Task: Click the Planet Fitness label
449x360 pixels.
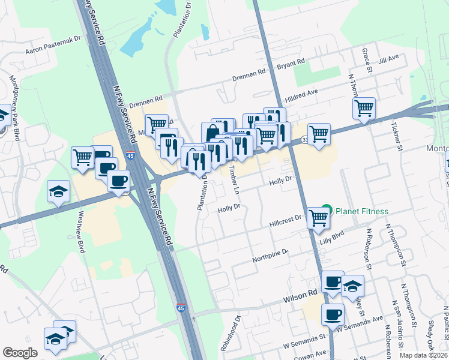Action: coord(362,211)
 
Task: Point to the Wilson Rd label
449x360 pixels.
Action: coord(304,295)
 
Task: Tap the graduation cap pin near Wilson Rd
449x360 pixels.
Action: coord(352,286)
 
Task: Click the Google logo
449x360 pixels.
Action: coord(20,353)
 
